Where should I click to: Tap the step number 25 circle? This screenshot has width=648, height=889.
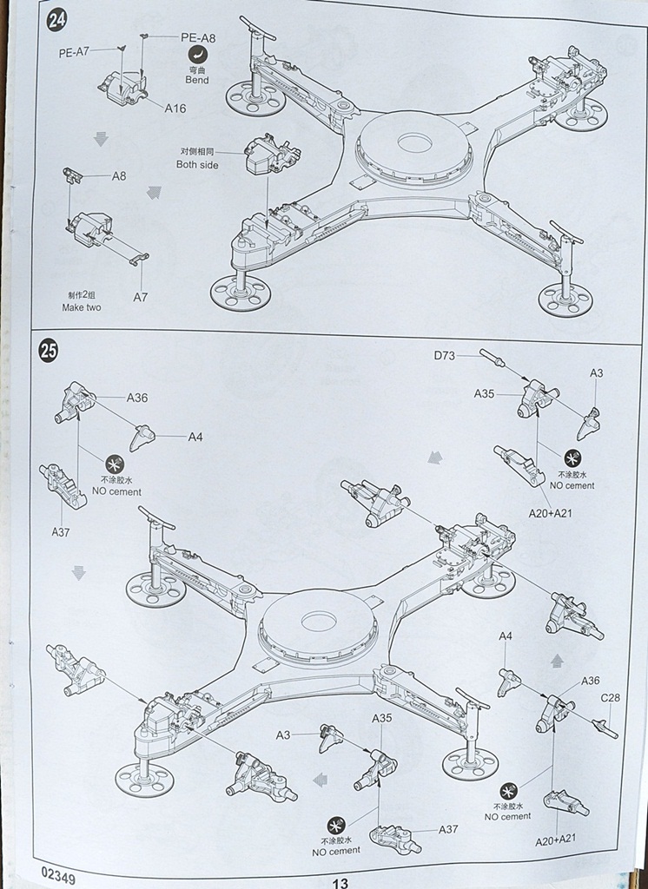pos(49,351)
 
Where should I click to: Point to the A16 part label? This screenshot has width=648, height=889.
pos(175,109)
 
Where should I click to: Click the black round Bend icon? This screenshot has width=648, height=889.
pos(197,55)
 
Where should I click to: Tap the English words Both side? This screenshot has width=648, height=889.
pos(197,164)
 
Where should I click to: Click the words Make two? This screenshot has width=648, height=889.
pos(82,307)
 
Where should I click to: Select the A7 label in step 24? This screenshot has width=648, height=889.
pos(141,297)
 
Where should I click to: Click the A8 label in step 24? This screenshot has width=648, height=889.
pos(119,175)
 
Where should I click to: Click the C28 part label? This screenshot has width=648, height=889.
pos(610,696)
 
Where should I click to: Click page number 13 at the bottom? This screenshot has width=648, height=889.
pos(339,880)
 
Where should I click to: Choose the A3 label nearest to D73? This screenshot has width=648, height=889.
pos(596,372)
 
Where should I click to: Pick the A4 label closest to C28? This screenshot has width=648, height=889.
pos(506,636)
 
